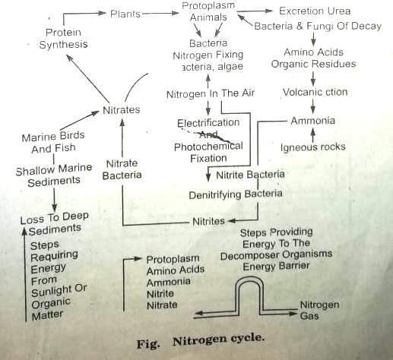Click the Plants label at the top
click(x=125, y=14)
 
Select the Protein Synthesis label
click(x=63, y=39)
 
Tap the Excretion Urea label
click(x=315, y=12)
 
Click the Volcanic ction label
click(x=315, y=93)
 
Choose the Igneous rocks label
click(x=312, y=147)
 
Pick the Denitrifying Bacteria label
click(x=236, y=194)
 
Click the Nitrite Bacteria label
click(x=250, y=175)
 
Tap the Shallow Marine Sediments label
click(x=53, y=175)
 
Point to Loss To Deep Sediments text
click(x=53, y=223)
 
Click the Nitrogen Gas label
click(x=319, y=309)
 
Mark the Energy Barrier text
click(x=276, y=267)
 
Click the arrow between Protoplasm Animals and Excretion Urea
click(x=257, y=11)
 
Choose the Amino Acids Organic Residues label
click(x=313, y=58)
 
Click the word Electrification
click(x=208, y=123)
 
